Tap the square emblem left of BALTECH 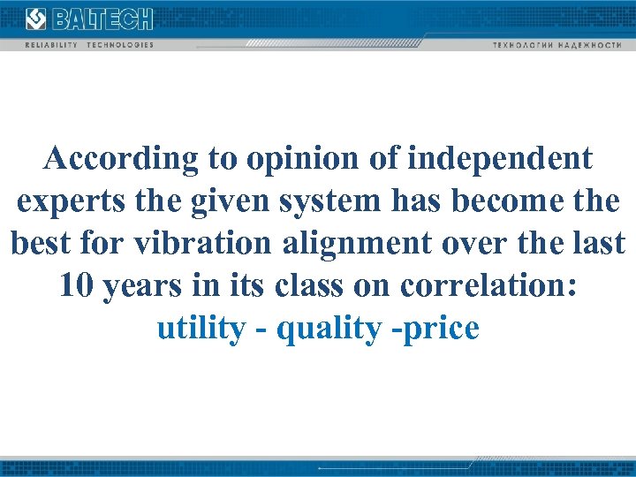(x=36, y=19)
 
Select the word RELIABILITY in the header (x=50, y=44)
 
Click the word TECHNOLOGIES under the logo (x=120, y=44)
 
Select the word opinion (x=306, y=159)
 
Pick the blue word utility (x=201, y=329)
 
